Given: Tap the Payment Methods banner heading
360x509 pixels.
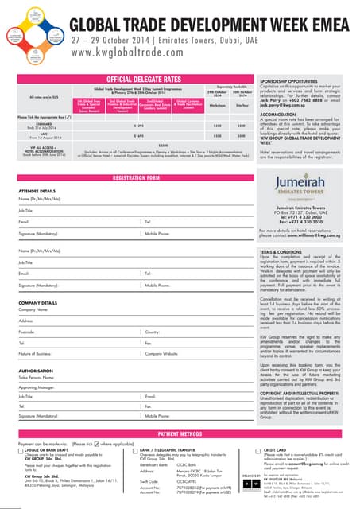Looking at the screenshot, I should [180, 433].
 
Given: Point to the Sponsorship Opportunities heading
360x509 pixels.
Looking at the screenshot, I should [290, 82].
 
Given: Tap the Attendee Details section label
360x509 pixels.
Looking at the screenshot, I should [37, 191].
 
